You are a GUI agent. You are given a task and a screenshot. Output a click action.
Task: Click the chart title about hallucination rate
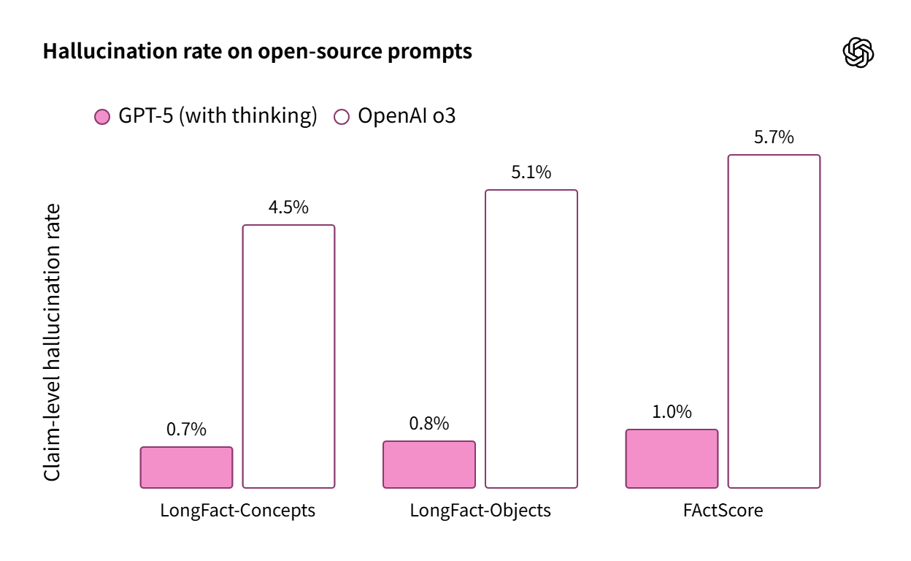point(257,52)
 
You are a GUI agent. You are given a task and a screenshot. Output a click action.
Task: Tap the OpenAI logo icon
point(858,53)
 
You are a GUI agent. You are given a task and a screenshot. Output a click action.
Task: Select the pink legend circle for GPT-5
point(103,117)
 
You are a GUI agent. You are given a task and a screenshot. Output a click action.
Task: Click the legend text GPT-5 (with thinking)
point(218,116)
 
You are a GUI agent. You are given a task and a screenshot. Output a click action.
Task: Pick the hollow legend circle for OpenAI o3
point(341,117)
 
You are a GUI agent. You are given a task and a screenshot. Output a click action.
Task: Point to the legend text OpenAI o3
point(407,116)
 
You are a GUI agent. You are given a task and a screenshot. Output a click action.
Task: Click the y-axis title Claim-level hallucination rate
point(53,342)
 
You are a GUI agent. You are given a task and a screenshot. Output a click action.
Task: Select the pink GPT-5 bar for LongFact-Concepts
point(186,467)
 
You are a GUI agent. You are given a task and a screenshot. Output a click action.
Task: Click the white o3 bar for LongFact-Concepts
point(288,356)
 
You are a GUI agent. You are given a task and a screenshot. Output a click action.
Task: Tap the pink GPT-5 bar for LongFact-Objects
point(429,465)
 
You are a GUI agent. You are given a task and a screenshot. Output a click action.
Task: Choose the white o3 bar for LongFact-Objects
point(531,339)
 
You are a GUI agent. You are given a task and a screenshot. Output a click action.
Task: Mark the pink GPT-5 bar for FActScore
point(672,459)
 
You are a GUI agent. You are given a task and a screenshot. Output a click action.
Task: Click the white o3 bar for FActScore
point(774,321)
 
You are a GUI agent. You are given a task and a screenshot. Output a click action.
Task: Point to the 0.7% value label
point(186,430)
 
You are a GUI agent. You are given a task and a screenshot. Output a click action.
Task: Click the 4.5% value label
point(288,207)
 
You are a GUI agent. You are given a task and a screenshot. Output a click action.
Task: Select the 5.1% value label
point(531,172)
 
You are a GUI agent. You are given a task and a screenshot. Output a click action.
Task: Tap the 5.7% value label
point(774,137)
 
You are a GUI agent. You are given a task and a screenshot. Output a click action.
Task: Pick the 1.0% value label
point(672,412)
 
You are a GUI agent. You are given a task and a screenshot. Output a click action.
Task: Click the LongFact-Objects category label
point(480,510)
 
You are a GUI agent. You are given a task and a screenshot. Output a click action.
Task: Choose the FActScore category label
point(723,510)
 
